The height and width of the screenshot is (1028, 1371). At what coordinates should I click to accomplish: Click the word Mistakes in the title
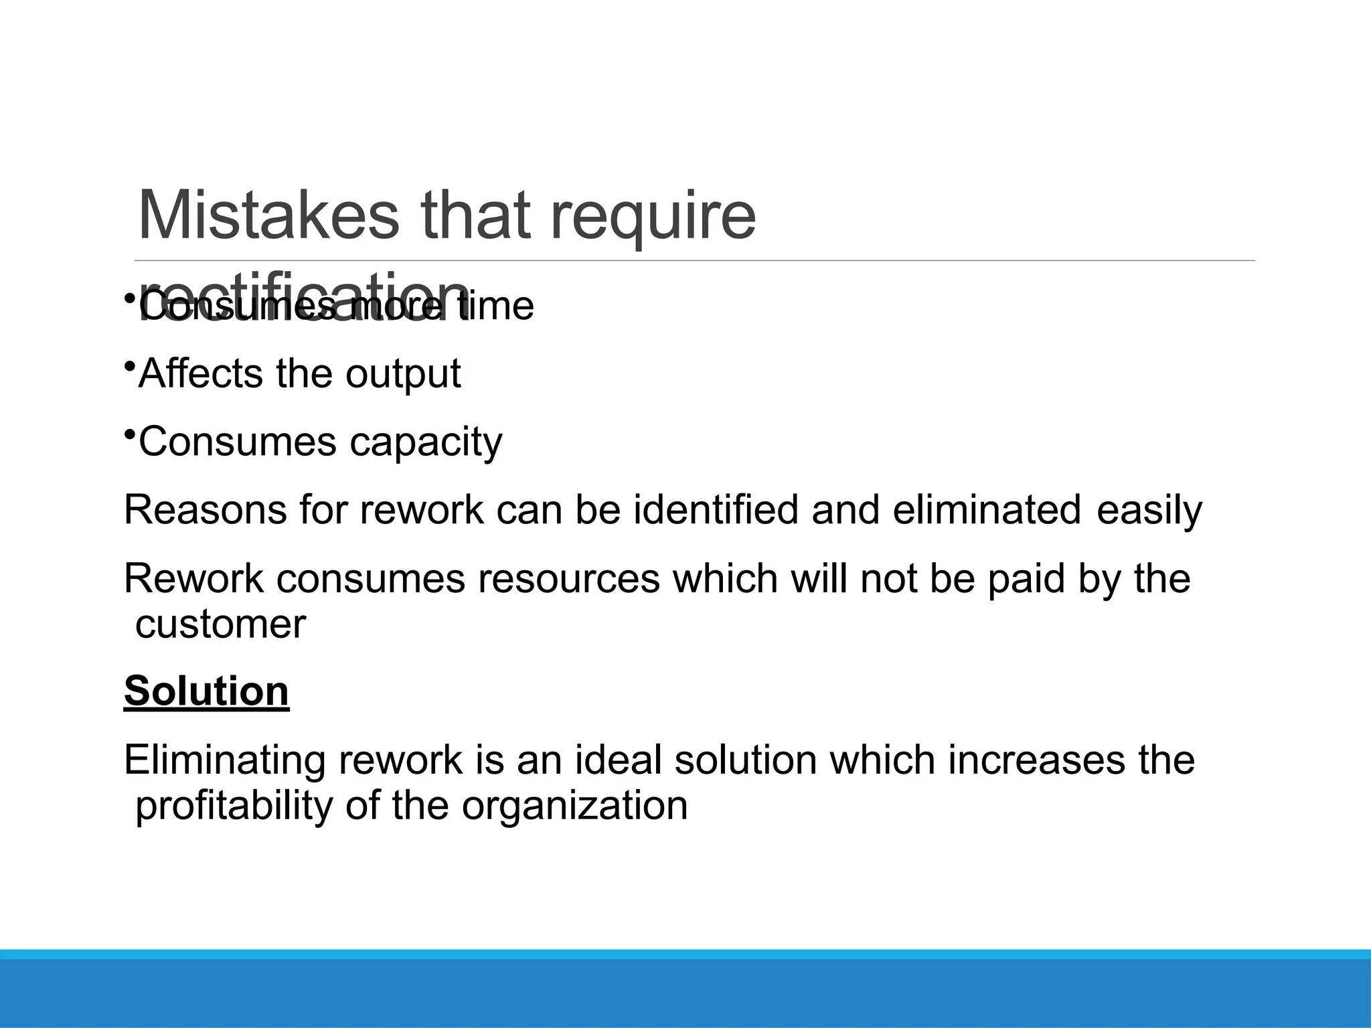267,216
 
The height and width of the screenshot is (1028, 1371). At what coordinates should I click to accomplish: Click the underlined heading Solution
206,691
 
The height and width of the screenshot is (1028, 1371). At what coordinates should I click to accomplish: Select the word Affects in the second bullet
200,373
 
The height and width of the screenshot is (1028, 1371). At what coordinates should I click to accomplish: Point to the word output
403,375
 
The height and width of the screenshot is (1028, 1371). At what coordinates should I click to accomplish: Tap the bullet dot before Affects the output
129,365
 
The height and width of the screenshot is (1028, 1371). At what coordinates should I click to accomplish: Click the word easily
1149,511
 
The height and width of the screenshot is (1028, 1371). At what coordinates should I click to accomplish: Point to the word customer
220,624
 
